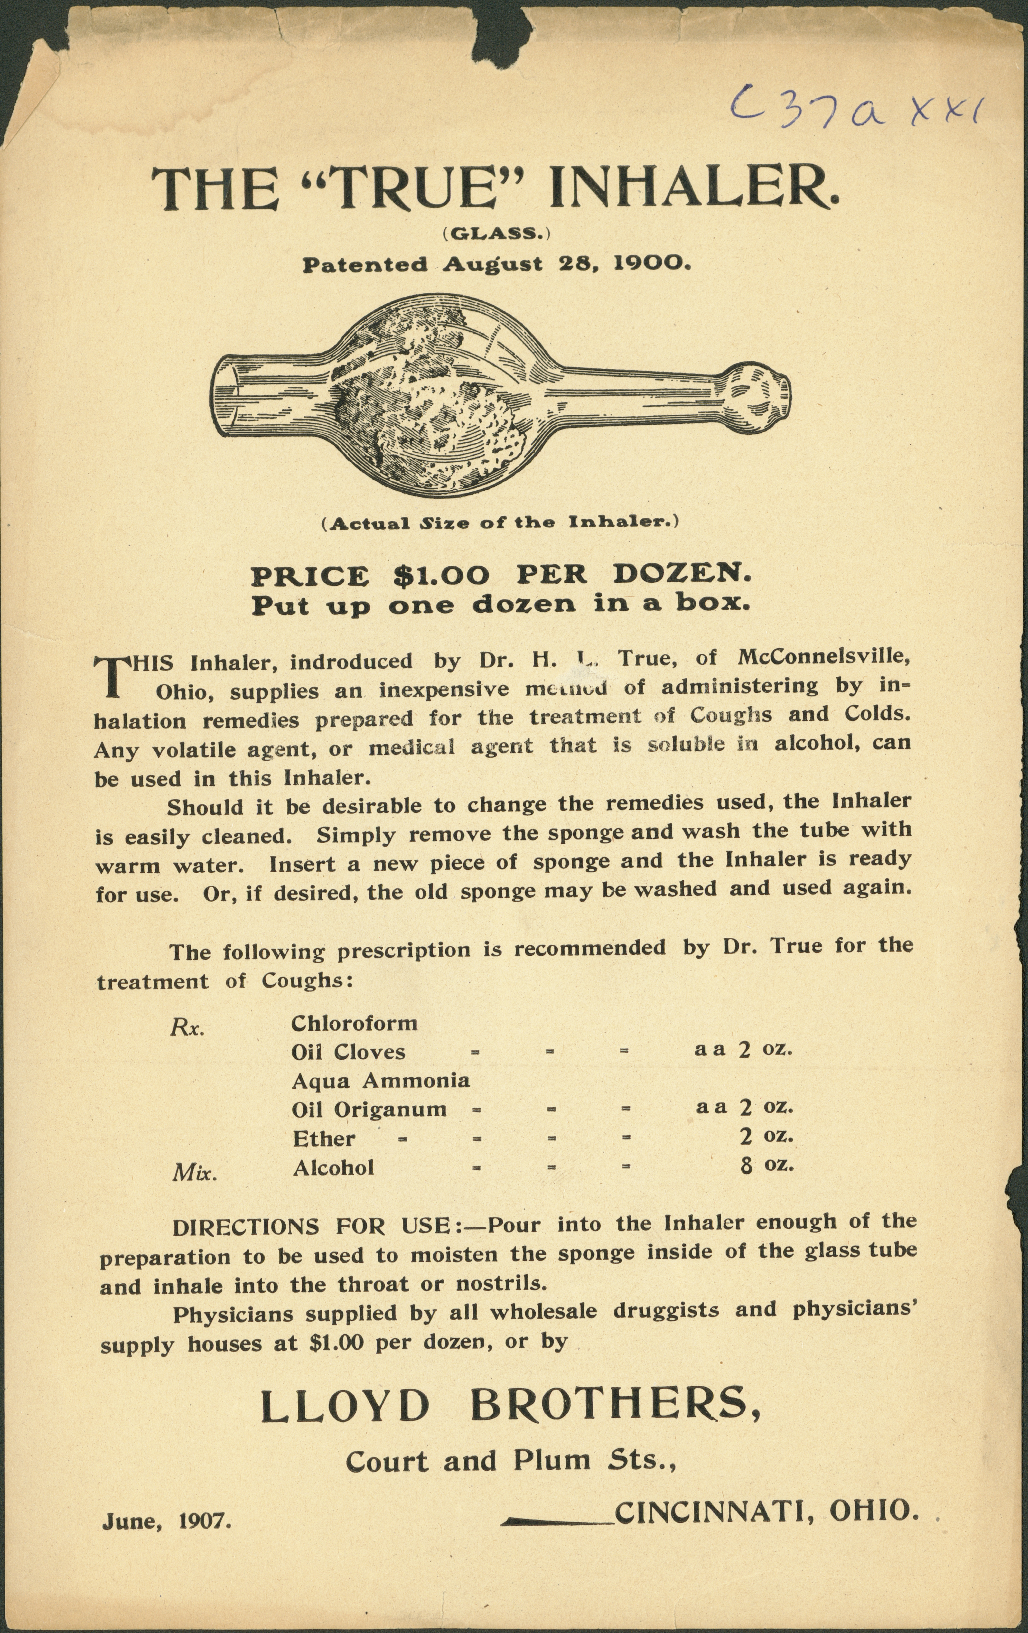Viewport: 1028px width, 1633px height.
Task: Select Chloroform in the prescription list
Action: pos(354,1023)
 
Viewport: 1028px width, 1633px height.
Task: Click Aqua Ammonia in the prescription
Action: pos(380,1080)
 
